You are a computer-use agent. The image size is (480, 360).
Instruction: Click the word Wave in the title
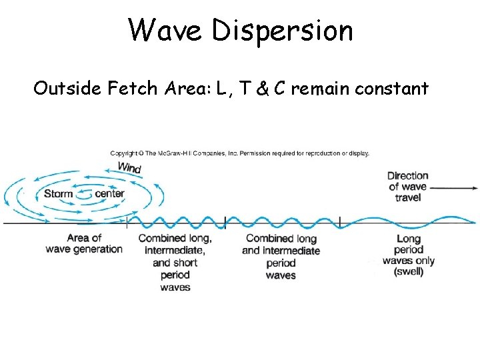(x=167, y=30)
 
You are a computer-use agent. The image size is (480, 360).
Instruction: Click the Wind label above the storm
(x=129, y=167)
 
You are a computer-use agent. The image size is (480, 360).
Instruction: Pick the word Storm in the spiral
(x=58, y=194)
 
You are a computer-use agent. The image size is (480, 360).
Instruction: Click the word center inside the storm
(x=110, y=194)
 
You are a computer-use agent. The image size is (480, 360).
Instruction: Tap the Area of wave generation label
(x=84, y=243)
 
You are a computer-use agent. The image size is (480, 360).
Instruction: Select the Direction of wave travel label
(x=407, y=187)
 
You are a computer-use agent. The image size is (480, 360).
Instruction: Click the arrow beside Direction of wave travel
(x=453, y=188)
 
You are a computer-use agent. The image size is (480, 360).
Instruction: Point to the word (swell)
(x=408, y=272)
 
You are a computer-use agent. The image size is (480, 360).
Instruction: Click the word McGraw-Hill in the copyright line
(x=184, y=153)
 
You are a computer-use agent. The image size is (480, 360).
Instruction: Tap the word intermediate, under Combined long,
(x=175, y=251)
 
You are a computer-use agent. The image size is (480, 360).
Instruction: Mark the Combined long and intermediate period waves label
(x=281, y=257)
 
